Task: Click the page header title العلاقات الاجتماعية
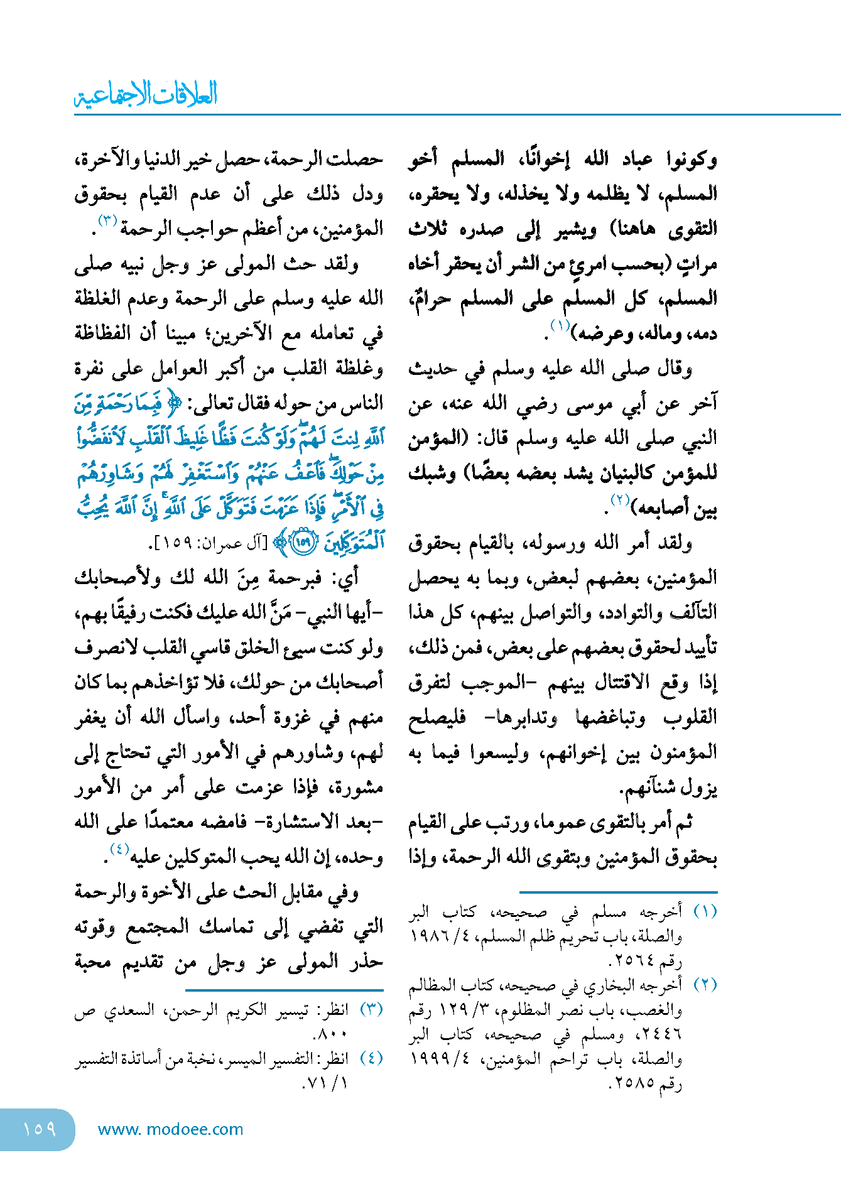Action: point(146,94)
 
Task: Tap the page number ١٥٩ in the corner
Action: point(39,1129)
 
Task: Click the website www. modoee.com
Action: point(170,1129)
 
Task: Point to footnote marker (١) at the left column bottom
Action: point(705,911)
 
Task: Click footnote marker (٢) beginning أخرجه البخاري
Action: point(705,984)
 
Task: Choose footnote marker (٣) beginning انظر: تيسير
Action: point(371,1009)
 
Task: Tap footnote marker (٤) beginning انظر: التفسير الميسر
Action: point(371,1058)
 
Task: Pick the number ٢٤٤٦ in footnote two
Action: point(659,1034)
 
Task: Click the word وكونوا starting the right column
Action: point(692,160)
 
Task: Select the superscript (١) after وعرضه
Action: point(560,325)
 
